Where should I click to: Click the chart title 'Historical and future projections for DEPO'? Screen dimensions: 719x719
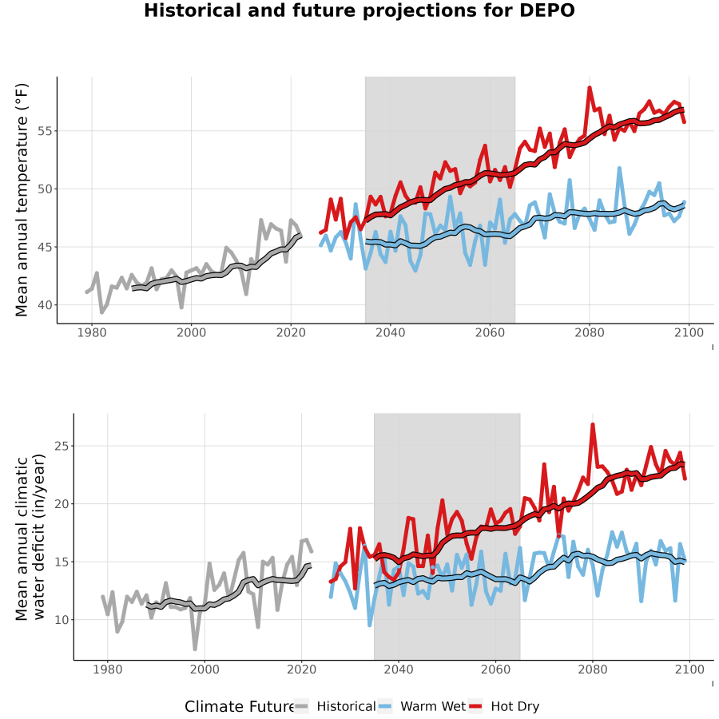(x=359, y=10)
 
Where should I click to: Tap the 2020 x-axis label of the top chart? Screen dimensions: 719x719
(x=291, y=332)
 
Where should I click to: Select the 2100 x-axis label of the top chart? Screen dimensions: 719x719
(x=689, y=332)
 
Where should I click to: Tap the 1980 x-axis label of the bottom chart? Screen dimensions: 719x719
(x=108, y=669)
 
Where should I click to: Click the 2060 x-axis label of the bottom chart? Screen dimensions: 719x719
(x=495, y=669)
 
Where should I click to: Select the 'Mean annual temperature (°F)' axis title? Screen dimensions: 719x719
(x=22, y=200)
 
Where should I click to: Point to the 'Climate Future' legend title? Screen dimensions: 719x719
(x=239, y=707)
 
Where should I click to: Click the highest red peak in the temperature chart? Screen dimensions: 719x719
(x=590, y=88)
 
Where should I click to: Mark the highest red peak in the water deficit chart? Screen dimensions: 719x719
(x=593, y=425)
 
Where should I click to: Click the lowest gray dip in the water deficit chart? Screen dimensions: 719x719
(x=195, y=649)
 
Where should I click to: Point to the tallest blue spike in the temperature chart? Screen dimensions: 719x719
(x=619, y=169)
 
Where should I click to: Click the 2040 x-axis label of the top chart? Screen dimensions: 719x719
(x=390, y=332)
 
